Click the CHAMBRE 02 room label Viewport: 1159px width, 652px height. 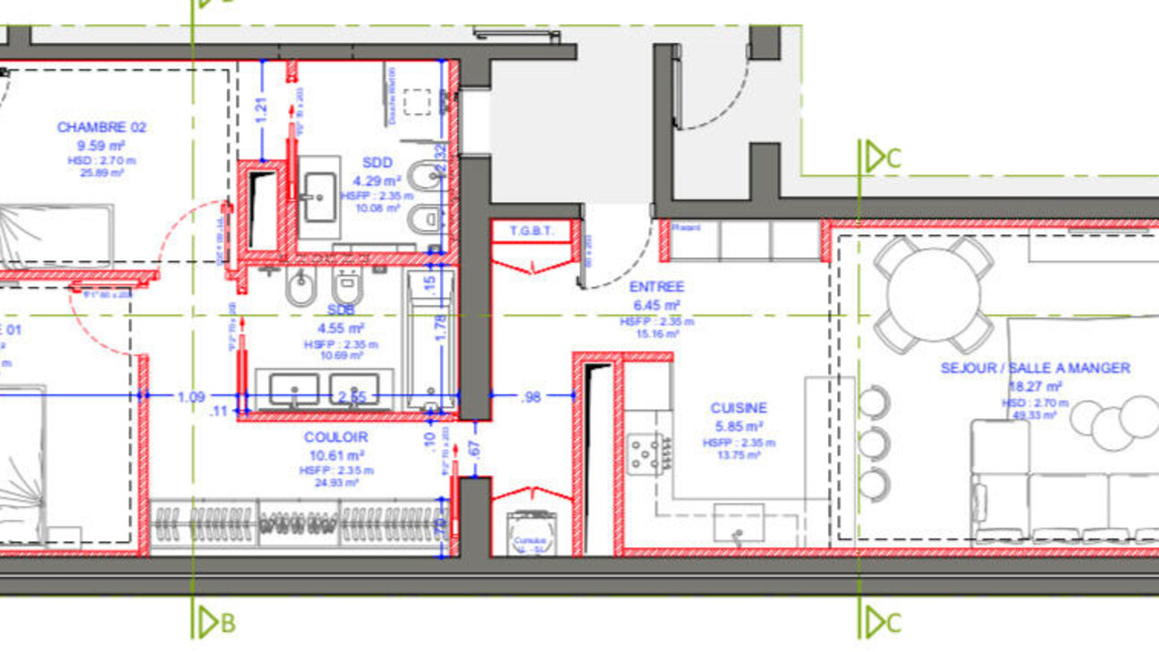[101, 127]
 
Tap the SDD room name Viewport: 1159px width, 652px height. [376, 162]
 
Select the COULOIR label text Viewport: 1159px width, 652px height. [335, 437]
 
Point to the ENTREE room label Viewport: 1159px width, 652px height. [656, 287]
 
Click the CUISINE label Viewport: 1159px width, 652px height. [739, 408]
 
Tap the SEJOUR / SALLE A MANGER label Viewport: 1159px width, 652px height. [1035, 368]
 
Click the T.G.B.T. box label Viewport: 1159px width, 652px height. [533, 232]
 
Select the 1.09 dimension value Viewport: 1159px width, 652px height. [190, 396]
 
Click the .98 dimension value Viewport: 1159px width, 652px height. [531, 396]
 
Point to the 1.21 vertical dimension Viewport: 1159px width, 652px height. [262, 108]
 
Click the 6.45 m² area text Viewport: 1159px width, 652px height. [656, 304]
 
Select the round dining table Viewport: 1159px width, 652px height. [934, 294]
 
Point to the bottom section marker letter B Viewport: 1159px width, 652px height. [227, 622]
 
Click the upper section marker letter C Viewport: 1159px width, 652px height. [893, 158]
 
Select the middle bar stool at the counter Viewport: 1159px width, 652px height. [872, 443]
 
